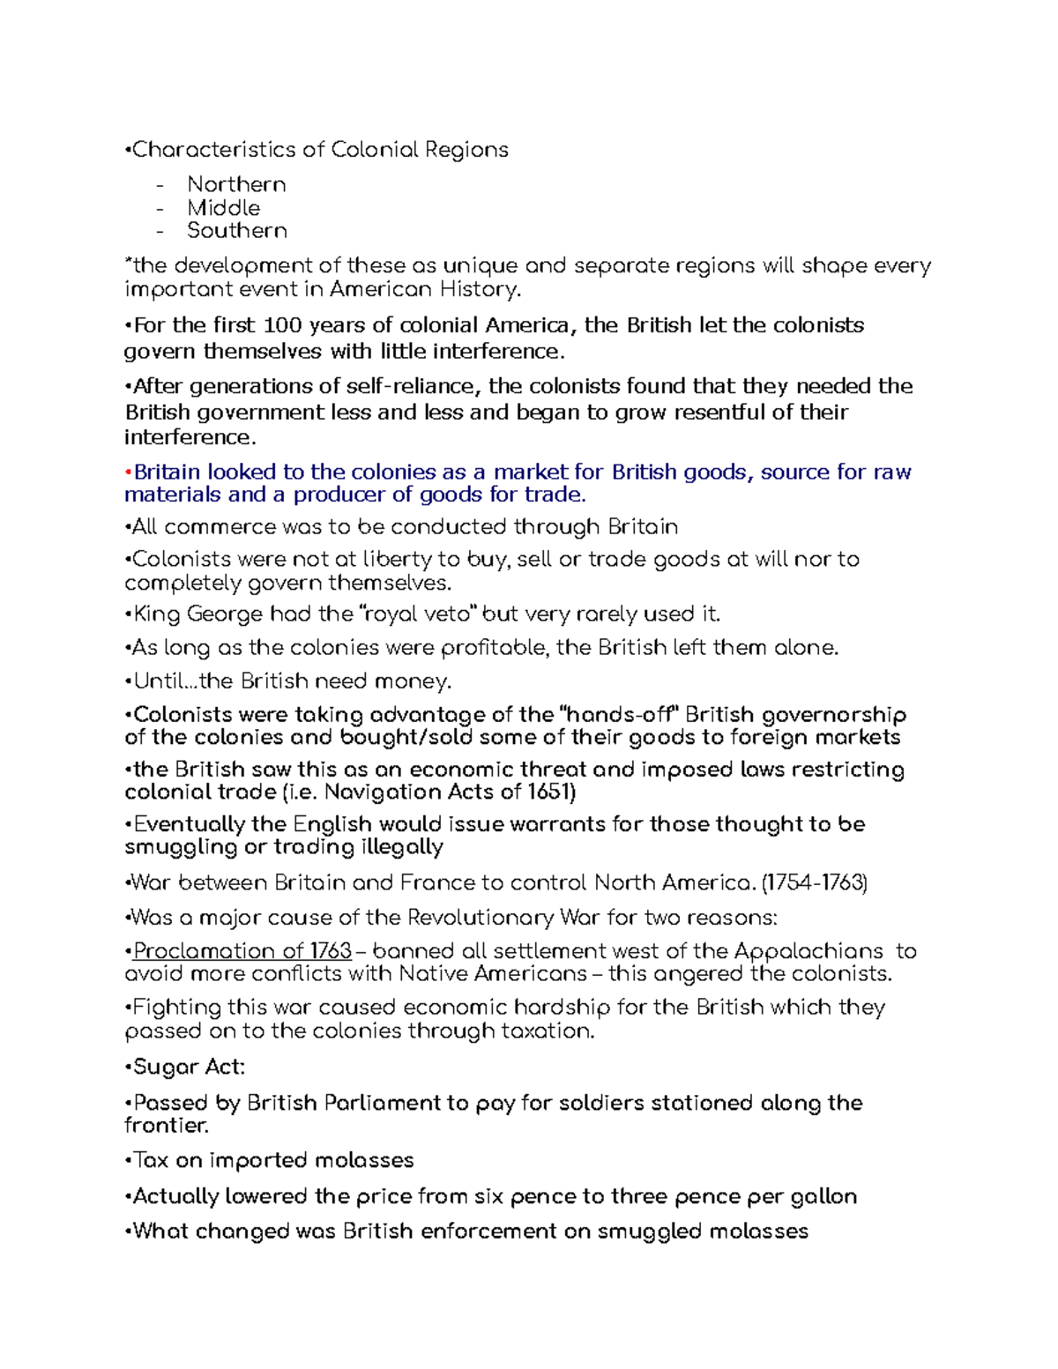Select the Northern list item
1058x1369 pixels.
click(x=236, y=184)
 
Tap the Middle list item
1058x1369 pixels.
click(x=223, y=208)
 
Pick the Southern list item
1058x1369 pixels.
click(x=237, y=231)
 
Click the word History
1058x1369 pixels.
click(x=483, y=289)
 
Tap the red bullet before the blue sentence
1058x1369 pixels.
click(x=128, y=472)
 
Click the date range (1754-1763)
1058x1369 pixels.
click(x=814, y=882)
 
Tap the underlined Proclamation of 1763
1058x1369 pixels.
click(x=242, y=951)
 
